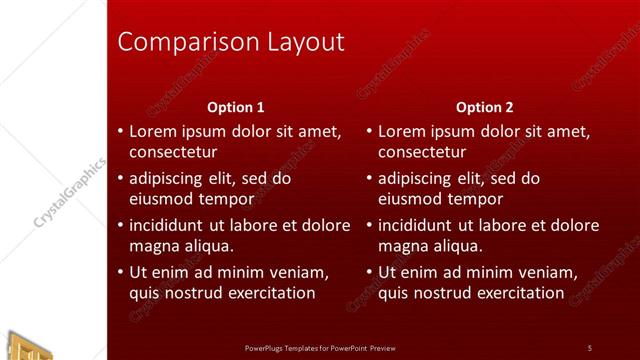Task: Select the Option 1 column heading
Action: click(236, 107)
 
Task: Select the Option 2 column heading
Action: click(485, 107)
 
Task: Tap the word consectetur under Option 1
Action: click(173, 152)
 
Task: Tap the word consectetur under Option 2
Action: click(422, 152)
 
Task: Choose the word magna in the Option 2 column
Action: click(403, 245)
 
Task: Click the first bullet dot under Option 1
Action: click(120, 132)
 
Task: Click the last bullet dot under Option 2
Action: click(369, 272)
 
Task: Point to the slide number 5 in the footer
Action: click(590, 348)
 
